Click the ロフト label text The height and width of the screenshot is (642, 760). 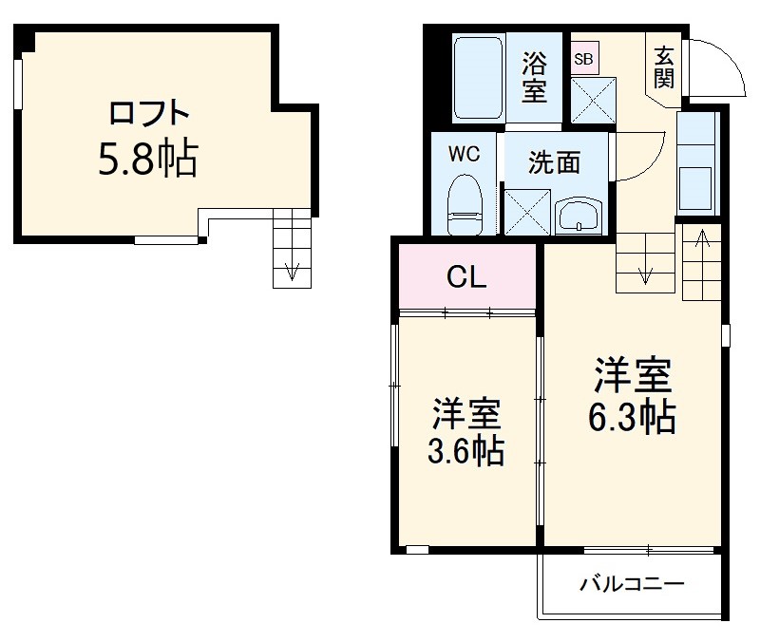point(149,115)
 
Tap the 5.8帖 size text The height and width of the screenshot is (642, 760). point(147,160)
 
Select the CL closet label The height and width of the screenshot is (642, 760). point(466,277)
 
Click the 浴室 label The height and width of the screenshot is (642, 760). point(536,78)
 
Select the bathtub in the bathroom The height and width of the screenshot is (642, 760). point(477,78)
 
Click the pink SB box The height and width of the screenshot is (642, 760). point(583,59)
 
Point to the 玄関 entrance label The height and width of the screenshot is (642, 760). point(663,66)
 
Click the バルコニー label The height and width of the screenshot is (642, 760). point(632,584)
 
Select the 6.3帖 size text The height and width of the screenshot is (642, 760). point(634,395)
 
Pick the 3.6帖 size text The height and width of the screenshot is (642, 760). point(465,432)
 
